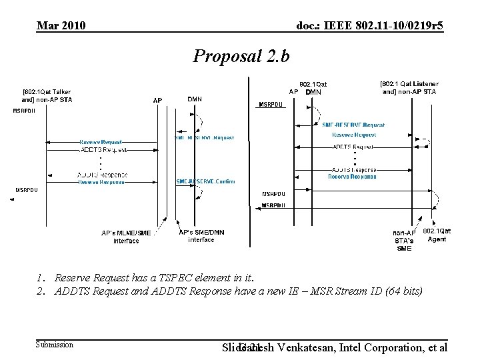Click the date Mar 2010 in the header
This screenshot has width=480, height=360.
point(61,26)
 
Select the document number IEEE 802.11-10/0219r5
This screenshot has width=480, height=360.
point(369,26)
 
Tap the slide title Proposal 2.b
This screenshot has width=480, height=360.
point(241,56)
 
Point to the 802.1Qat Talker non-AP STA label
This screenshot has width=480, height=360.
point(47,95)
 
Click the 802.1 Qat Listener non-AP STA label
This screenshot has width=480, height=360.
point(409,87)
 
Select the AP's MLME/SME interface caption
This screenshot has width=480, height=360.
point(126,237)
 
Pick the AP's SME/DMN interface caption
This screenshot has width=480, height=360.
point(201,236)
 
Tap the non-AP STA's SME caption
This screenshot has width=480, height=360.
point(404,241)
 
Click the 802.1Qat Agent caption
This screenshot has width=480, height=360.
point(437,235)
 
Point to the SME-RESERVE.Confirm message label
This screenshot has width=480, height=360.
point(205,181)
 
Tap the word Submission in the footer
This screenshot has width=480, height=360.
point(55,345)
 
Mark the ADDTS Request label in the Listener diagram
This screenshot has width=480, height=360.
point(353,146)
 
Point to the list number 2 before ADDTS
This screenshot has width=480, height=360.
point(41,291)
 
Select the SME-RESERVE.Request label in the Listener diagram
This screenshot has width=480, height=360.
point(353,125)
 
